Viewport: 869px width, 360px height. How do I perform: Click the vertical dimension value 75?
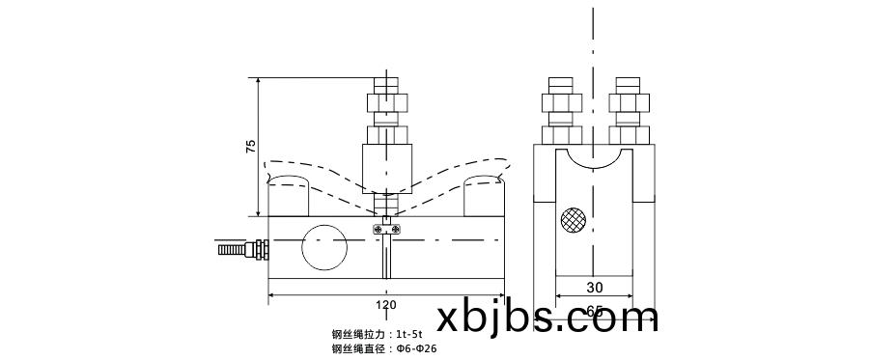[251, 147]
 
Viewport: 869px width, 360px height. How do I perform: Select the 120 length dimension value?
[386, 305]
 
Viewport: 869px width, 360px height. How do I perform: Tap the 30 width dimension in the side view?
[594, 287]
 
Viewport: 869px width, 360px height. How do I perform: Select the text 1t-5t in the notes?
[410, 333]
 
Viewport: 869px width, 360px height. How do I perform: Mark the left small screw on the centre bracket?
[376, 228]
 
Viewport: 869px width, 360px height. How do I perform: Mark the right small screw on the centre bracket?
[398, 228]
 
